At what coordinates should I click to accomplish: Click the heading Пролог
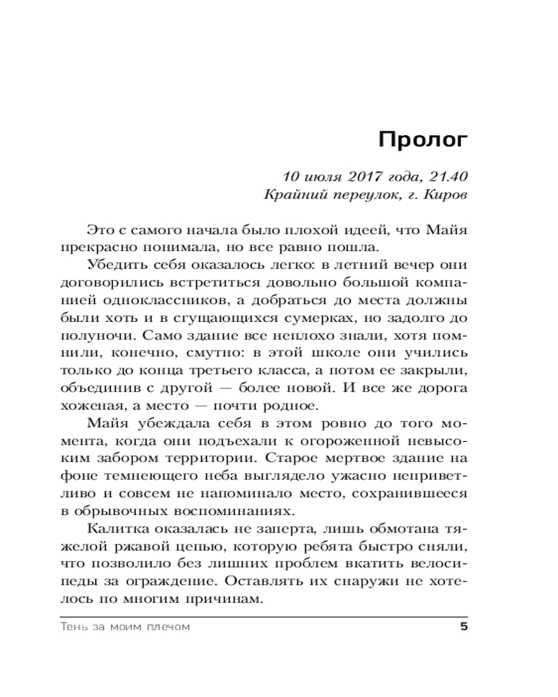(x=423, y=140)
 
